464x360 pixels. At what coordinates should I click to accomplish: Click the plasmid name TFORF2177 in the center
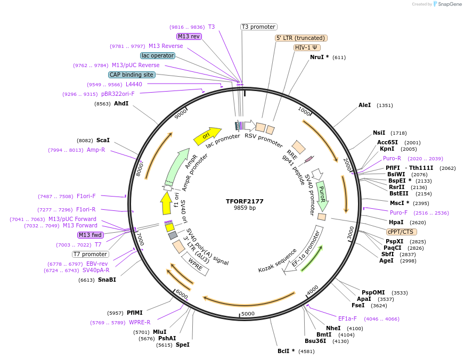click(x=245, y=201)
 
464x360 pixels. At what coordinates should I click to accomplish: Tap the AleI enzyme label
click(x=364, y=105)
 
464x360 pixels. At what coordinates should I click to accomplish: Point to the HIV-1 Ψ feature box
click(x=307, y=47)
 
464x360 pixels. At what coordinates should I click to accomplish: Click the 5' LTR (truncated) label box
click(x=301, y=38)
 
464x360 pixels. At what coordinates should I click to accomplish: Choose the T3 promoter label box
click(x=258, y=27)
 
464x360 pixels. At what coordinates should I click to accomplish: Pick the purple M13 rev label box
click(x=189, y=36)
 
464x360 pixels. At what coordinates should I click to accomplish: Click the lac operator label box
click(x=158, y=55)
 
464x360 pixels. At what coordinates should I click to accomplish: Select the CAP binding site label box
click(x=132, y=75)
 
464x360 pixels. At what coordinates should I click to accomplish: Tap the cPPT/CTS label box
click(x=402, y=232)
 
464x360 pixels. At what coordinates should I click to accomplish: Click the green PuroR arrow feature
click(x=322, y=195)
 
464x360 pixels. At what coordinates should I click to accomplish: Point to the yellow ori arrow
click(x=207, y=136)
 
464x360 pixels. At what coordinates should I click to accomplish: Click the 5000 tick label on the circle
click(x=248, y=314)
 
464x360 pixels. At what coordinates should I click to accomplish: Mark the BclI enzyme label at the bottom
click(x=286, y=351)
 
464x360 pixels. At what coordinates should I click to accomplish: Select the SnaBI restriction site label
click(x=107, y=280)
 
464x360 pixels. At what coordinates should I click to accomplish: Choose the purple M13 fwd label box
click(x=91, y=235)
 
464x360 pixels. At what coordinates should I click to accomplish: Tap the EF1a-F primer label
click(x=347, y=318)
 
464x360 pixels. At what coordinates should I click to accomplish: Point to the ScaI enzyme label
click(x=103, y=140)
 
